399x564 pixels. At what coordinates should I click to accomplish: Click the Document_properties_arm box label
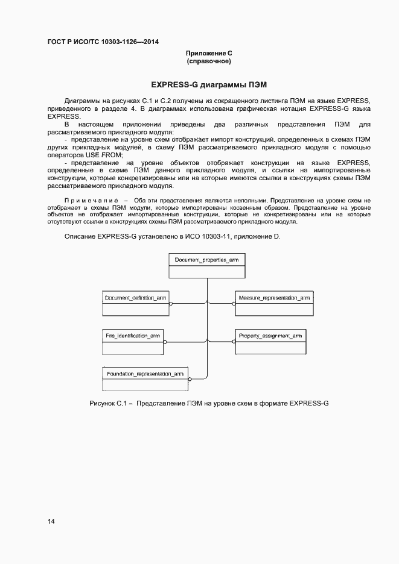click(207, 260)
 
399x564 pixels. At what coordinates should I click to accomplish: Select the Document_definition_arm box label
click(135, 298)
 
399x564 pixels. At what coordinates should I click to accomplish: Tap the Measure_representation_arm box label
click(274, 298)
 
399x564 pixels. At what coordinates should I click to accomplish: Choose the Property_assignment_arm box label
click(270, 335)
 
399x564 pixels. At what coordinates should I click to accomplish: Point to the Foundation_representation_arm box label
click(145, 374)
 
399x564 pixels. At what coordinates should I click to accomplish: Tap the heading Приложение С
click(209, 54)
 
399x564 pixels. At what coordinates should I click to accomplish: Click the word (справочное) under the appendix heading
click(209, 61)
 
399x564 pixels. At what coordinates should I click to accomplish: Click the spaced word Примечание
click(91, 200)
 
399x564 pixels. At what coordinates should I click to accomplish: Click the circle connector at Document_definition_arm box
click(171, 304)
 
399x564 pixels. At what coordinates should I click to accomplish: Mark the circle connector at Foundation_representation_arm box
click(190, 380)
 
